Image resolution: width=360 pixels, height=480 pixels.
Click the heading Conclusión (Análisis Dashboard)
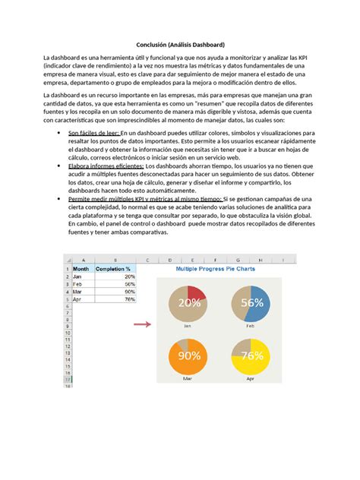179,45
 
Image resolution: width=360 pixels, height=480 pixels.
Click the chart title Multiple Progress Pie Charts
215,268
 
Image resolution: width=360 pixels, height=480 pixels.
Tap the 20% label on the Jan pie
190,302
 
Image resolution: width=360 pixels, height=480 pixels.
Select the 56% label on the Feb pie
251,302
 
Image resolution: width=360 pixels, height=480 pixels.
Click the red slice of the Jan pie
196,295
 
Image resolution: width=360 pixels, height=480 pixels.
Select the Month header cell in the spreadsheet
81,269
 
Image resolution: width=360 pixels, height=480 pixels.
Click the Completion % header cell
113,269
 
